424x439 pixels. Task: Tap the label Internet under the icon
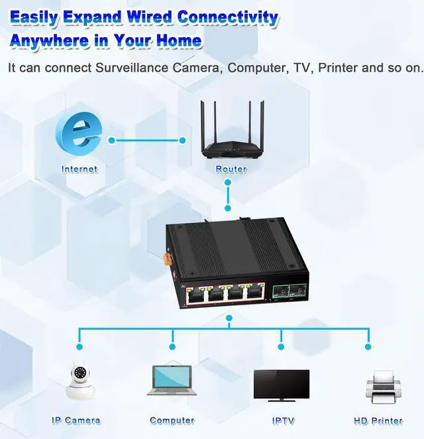click(79, 170)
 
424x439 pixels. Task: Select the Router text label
click(231, 170)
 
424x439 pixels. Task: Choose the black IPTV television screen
click(281, 385)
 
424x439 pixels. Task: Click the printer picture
click(381, 387)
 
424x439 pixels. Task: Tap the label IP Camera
click(76, 420)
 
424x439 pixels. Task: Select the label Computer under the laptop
click(172, 420)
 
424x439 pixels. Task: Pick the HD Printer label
click(378, 420)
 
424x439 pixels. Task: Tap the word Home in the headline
click(178, 40)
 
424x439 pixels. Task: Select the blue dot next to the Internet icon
click(111, 140)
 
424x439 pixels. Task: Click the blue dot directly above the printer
click(369, 346)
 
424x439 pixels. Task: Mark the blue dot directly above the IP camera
click(79, 346)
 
